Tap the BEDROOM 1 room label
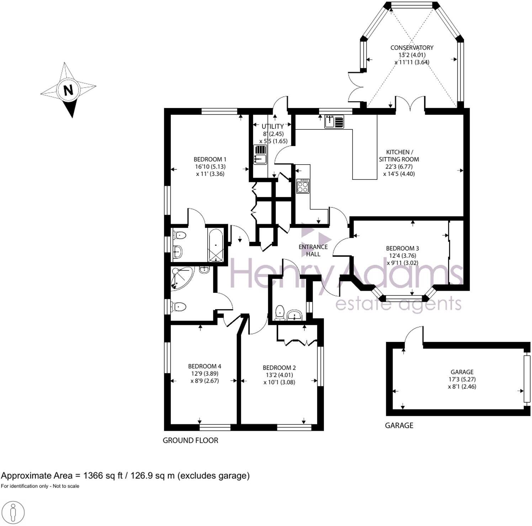coord(210,159)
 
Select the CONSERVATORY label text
coord(412,48)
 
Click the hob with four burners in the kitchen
coord(303,186)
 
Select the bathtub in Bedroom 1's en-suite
coord(216,245)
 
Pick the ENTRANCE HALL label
coord(313,250)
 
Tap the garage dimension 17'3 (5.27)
coord(462,379)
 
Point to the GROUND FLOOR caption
coord(190,440)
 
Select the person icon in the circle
coord(13,512)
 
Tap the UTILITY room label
coord(272,127)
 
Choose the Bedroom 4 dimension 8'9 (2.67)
coord(204,381)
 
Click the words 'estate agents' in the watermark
coord(398,304)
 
